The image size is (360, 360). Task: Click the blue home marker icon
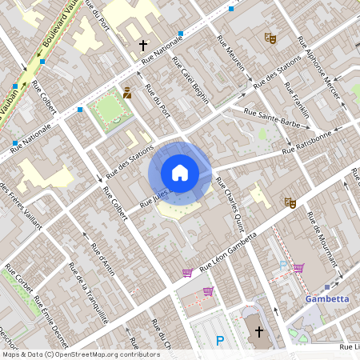coord(180,173)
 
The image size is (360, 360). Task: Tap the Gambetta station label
coord(327,299)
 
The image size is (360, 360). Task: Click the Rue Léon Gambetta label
coord(228,250)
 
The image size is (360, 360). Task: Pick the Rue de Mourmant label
coord(322,238)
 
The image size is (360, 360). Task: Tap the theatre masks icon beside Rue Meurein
coord(270,37)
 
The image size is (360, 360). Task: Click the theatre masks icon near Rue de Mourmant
coord(290,203)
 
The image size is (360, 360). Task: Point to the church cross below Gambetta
coord(258,331)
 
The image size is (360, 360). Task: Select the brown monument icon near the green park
coord(127,93)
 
